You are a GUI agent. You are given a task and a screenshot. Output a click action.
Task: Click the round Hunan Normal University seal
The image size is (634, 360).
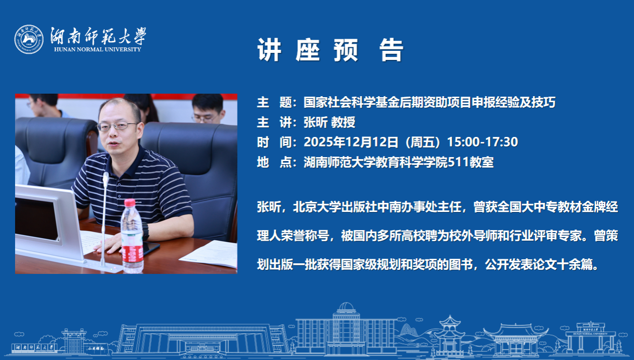29,39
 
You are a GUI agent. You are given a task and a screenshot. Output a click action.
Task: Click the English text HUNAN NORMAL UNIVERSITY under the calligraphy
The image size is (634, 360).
98,49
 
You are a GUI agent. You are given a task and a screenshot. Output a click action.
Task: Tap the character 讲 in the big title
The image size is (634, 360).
269,50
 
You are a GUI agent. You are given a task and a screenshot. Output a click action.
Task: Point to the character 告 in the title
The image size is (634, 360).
391,50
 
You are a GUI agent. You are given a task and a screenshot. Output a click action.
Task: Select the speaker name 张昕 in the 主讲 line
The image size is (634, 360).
315,122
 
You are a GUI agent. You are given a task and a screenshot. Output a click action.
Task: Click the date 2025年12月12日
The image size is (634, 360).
351,142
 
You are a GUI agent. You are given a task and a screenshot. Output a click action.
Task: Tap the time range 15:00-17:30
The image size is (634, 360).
482,142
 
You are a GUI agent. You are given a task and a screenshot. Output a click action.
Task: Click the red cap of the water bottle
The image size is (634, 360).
130,203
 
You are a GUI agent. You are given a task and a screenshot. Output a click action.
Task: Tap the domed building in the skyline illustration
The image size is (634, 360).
346,329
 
